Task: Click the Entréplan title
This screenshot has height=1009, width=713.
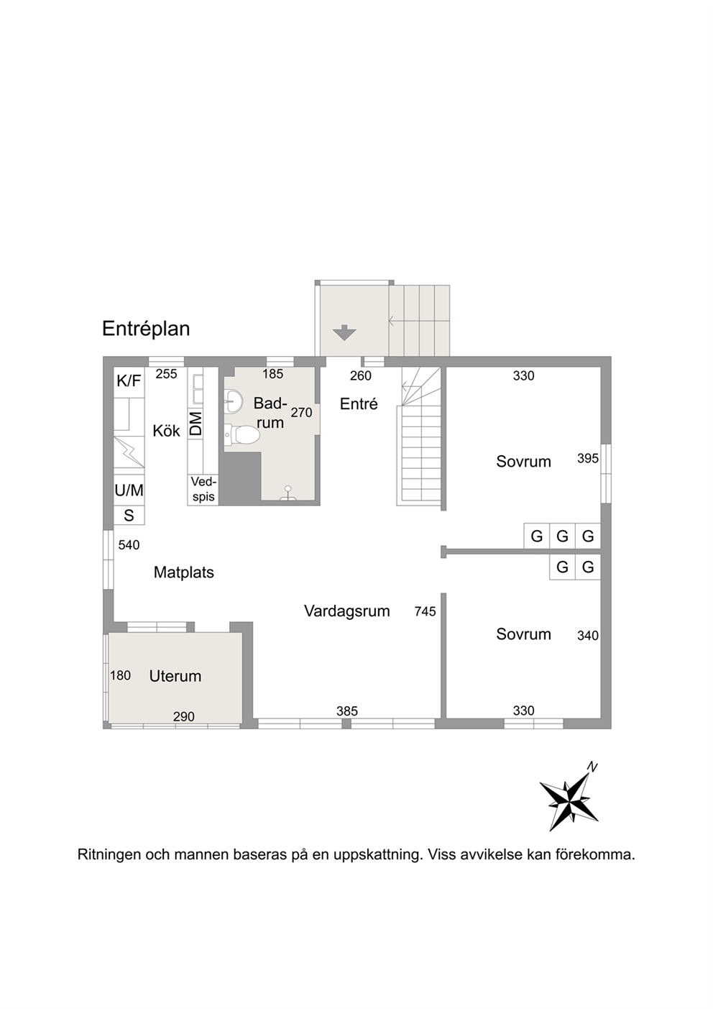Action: tap(146, 329)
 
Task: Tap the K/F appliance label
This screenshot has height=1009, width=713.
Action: tap(129, 381)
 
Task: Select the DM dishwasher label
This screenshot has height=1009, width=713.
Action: tap(195, 424)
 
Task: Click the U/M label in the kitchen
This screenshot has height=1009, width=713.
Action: tap(129, 490)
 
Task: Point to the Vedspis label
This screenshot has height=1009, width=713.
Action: tap(203, 490)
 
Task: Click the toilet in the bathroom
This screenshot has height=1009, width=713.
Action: tap(242, 434)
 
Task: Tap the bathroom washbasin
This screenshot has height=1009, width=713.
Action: tap(233, 401)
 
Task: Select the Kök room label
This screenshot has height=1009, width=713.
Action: tap(166, 431)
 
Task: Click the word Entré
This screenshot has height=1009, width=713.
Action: tap(359, 404)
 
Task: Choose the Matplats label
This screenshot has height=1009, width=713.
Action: tap(184, 572)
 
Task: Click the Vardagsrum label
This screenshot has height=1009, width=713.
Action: tap(346, 611)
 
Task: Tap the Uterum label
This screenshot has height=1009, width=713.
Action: tap(175, 676)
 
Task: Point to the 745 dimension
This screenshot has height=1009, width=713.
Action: tap(425, 611)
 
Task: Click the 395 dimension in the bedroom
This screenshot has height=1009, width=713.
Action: tap(588, 459)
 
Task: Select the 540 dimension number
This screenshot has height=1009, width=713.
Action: tap(129, 545)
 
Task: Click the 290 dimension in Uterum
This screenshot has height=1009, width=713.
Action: tap(184, 716)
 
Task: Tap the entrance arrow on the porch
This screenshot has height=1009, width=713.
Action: tap(344, 332)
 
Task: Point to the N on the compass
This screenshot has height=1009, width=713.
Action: tap(592, 767)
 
